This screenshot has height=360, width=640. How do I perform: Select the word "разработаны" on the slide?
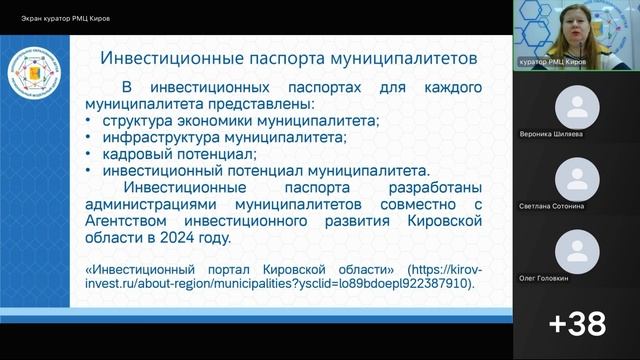436,188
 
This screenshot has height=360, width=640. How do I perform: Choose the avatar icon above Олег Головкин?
577,250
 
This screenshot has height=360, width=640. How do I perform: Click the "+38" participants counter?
577,323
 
